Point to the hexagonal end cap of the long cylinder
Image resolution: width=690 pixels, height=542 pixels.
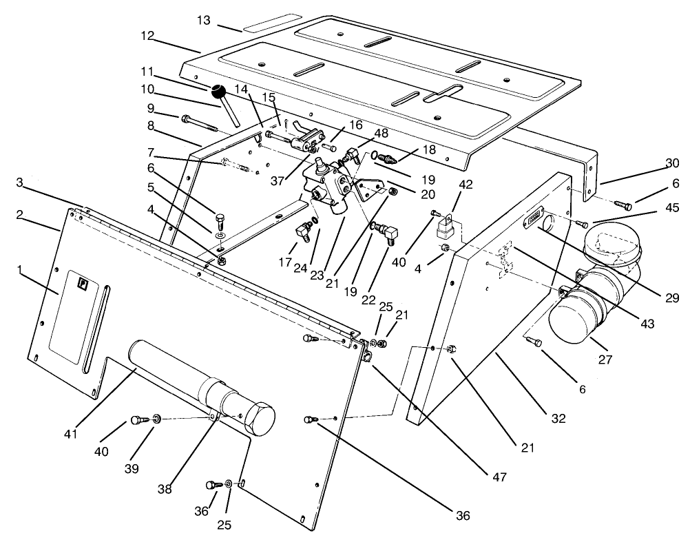[x=258, y=417]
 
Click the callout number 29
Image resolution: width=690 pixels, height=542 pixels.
[x=671, y=298]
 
